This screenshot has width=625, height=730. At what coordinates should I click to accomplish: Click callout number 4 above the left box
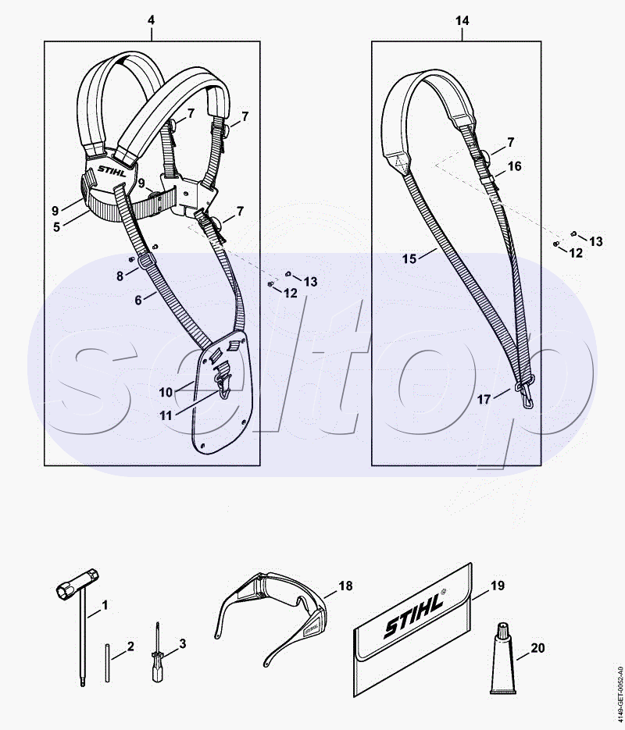[151, 20]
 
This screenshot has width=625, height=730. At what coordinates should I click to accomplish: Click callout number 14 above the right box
[462, 20]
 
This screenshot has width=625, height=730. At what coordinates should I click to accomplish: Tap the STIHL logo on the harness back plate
[112, 170]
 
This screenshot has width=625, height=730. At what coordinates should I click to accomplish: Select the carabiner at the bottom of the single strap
[525, 391]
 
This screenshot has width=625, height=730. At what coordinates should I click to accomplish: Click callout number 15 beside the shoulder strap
[409, 258]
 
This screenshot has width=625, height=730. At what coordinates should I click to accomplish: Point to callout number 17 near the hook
[484, 400]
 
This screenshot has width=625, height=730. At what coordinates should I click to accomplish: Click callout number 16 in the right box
[514, 166]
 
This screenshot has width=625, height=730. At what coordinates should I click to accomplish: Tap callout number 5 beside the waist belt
[57, 227]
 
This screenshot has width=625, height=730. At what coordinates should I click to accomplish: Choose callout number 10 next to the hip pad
[166, 393]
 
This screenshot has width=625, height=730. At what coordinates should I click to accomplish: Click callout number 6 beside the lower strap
[138, 301]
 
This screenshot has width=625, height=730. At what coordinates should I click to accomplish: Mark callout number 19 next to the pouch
[498, 586]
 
